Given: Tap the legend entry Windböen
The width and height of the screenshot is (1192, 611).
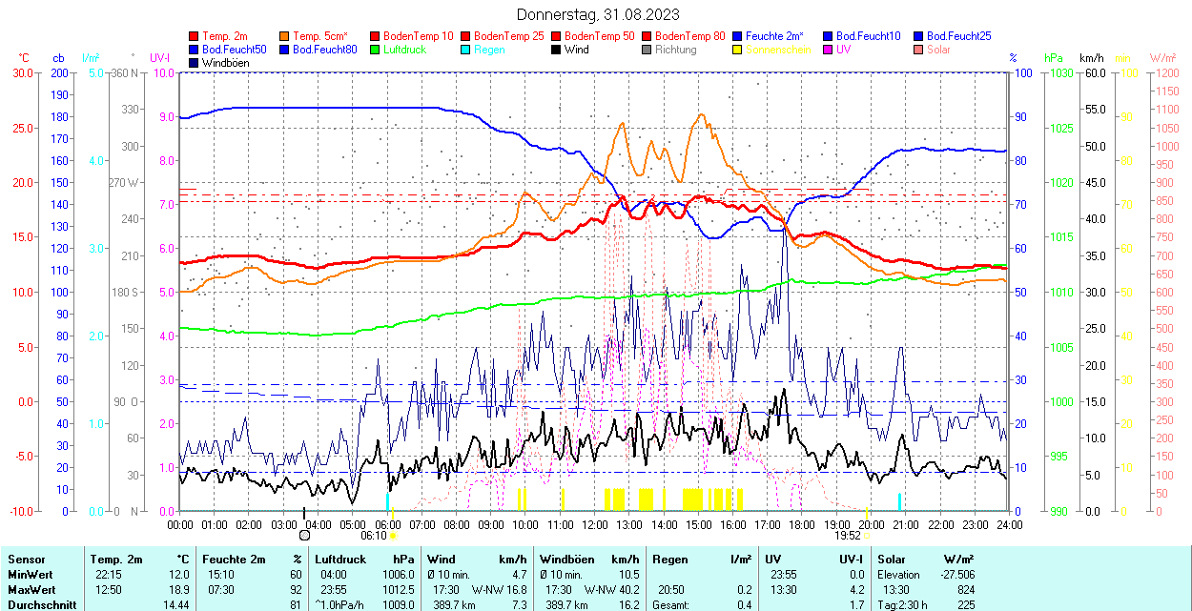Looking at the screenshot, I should [225, 63].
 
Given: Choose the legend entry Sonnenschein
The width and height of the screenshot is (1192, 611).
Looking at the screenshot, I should [778, 50].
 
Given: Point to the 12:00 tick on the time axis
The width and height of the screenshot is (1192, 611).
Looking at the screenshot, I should [595, 524].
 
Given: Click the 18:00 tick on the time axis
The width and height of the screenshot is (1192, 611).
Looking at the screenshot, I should [802, 524].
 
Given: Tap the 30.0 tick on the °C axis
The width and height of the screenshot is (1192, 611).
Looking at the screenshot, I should [20, 72].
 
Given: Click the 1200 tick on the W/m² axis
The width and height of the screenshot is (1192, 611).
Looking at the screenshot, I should [1164, 72].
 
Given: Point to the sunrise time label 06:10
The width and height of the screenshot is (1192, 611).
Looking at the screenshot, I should [373, 536].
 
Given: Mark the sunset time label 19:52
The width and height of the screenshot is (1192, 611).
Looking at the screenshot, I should [848, 536].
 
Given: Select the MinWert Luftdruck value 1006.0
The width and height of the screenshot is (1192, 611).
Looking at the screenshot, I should [398, 575].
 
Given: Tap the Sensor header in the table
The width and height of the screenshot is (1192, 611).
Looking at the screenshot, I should [26, 560].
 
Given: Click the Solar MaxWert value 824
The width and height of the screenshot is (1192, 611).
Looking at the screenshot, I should [965, 590].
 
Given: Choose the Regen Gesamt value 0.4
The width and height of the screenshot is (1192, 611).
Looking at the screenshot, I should [744, 605].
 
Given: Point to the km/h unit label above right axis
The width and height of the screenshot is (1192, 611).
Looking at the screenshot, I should [1092, 58].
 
